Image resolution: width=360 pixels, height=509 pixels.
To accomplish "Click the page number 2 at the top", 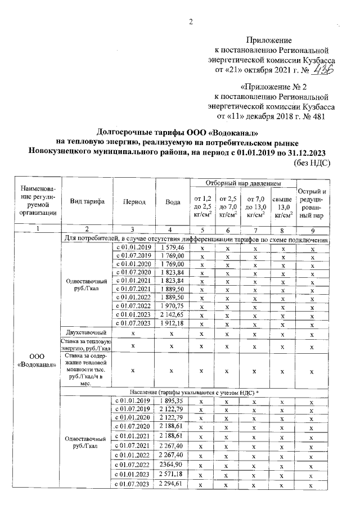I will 191,22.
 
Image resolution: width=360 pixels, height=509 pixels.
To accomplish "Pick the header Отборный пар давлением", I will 243,183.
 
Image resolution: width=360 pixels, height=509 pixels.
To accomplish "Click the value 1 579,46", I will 168,247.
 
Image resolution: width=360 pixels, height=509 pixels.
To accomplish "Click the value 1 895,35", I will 168,400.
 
